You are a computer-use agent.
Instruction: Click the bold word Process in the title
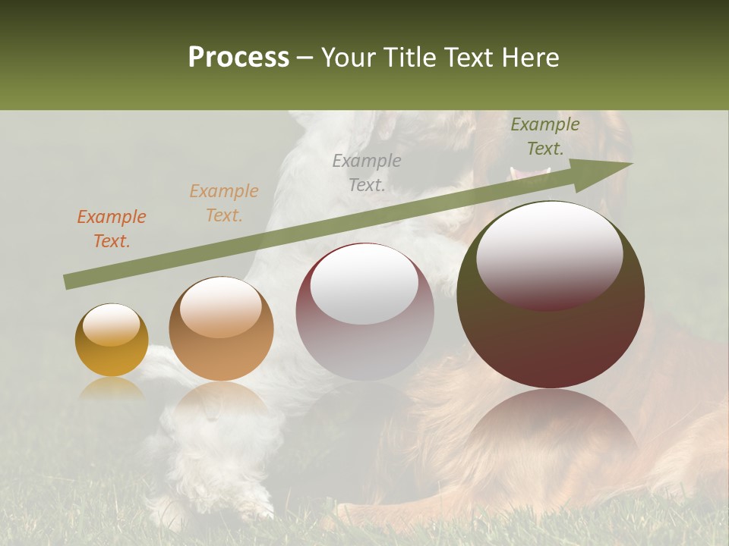tap(238, 58)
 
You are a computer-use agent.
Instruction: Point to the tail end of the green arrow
tap(68, 282)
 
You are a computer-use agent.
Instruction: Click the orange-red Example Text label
tap(112, 229)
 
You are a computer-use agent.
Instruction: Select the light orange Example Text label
tap(224, 203)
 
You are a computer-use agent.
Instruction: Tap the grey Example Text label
tap(367, 172)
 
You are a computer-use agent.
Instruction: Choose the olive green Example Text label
tap(545, 136)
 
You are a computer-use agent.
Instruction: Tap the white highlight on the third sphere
tap(364, 284)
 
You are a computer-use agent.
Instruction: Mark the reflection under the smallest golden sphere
tap(112, 388)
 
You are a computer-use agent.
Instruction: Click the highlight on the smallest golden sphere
tap(111, 325)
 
